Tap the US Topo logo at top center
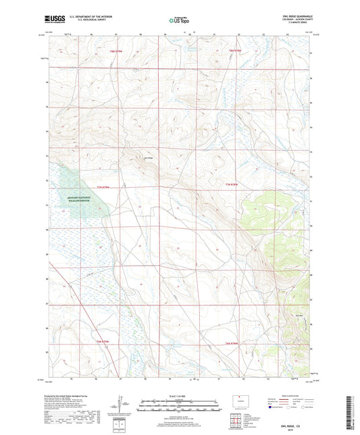click(179, 20)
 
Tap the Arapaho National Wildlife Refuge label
click(82, 200)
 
